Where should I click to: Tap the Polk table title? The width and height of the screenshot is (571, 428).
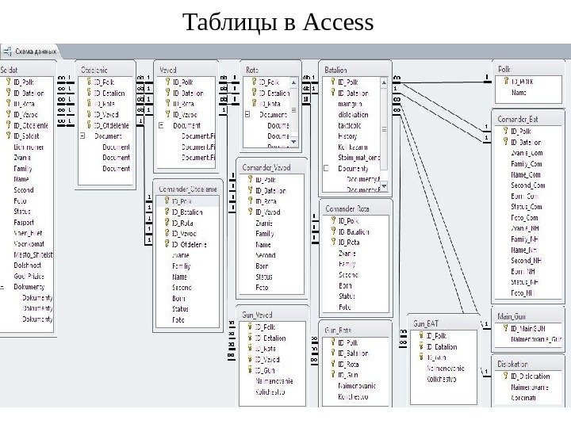point(504,70)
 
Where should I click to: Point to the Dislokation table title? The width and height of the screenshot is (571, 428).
point(513,364)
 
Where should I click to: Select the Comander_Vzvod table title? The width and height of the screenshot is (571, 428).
point(266,168)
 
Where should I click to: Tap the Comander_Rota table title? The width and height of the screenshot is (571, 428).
point(350,209)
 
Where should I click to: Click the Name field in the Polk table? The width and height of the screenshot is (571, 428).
point(519,93)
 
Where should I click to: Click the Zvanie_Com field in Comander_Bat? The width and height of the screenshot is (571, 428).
point(526,153)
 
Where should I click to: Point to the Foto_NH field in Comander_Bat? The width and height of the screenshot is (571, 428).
point(524,292)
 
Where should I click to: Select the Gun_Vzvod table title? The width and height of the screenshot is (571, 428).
point(259,315)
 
